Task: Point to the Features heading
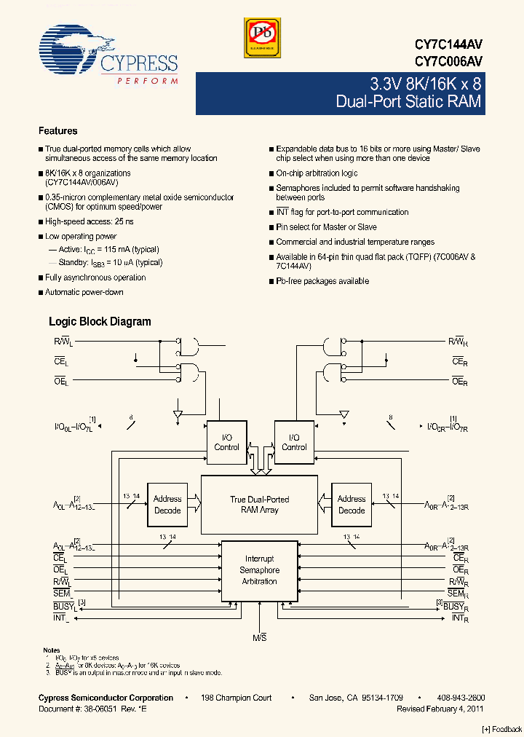(57, 131)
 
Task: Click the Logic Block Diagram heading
(100, 321)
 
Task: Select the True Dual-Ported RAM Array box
(259, 505)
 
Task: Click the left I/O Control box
(226, 442)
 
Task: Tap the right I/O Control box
(294, 442)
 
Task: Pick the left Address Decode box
(167, 504)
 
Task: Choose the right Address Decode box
(352, 504)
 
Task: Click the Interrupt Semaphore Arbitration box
(259, 570)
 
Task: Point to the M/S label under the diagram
(259, 639)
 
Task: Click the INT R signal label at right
(459, 618)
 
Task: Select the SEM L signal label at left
(61, 594)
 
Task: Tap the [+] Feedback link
(502, 729)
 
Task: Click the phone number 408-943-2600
(461, 698)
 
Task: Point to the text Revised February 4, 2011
(440, 708)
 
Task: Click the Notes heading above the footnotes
(51, 650)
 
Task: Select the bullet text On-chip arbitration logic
(317, 173)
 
